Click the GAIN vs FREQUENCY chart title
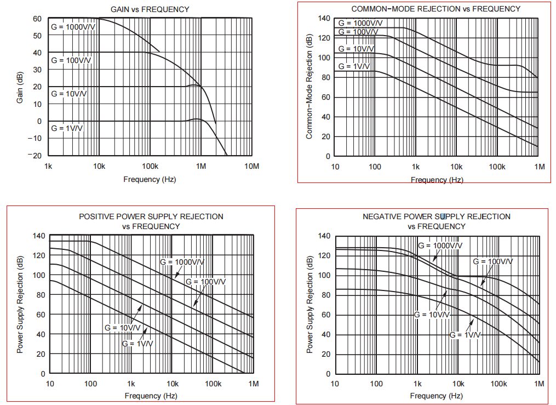[150, 9]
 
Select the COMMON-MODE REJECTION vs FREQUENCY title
[435, 9]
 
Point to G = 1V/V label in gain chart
[67, 128]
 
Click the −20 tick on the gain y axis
[35, 156]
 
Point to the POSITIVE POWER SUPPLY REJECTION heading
[151, 216]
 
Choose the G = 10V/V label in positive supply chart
[123, 328]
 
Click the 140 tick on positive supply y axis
[39, 236]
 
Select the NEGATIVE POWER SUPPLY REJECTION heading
[437, 216]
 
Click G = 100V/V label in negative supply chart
[493, 261]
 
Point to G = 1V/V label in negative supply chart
[465, 334]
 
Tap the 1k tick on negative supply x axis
[417, 384]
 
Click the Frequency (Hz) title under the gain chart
[150, 179]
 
